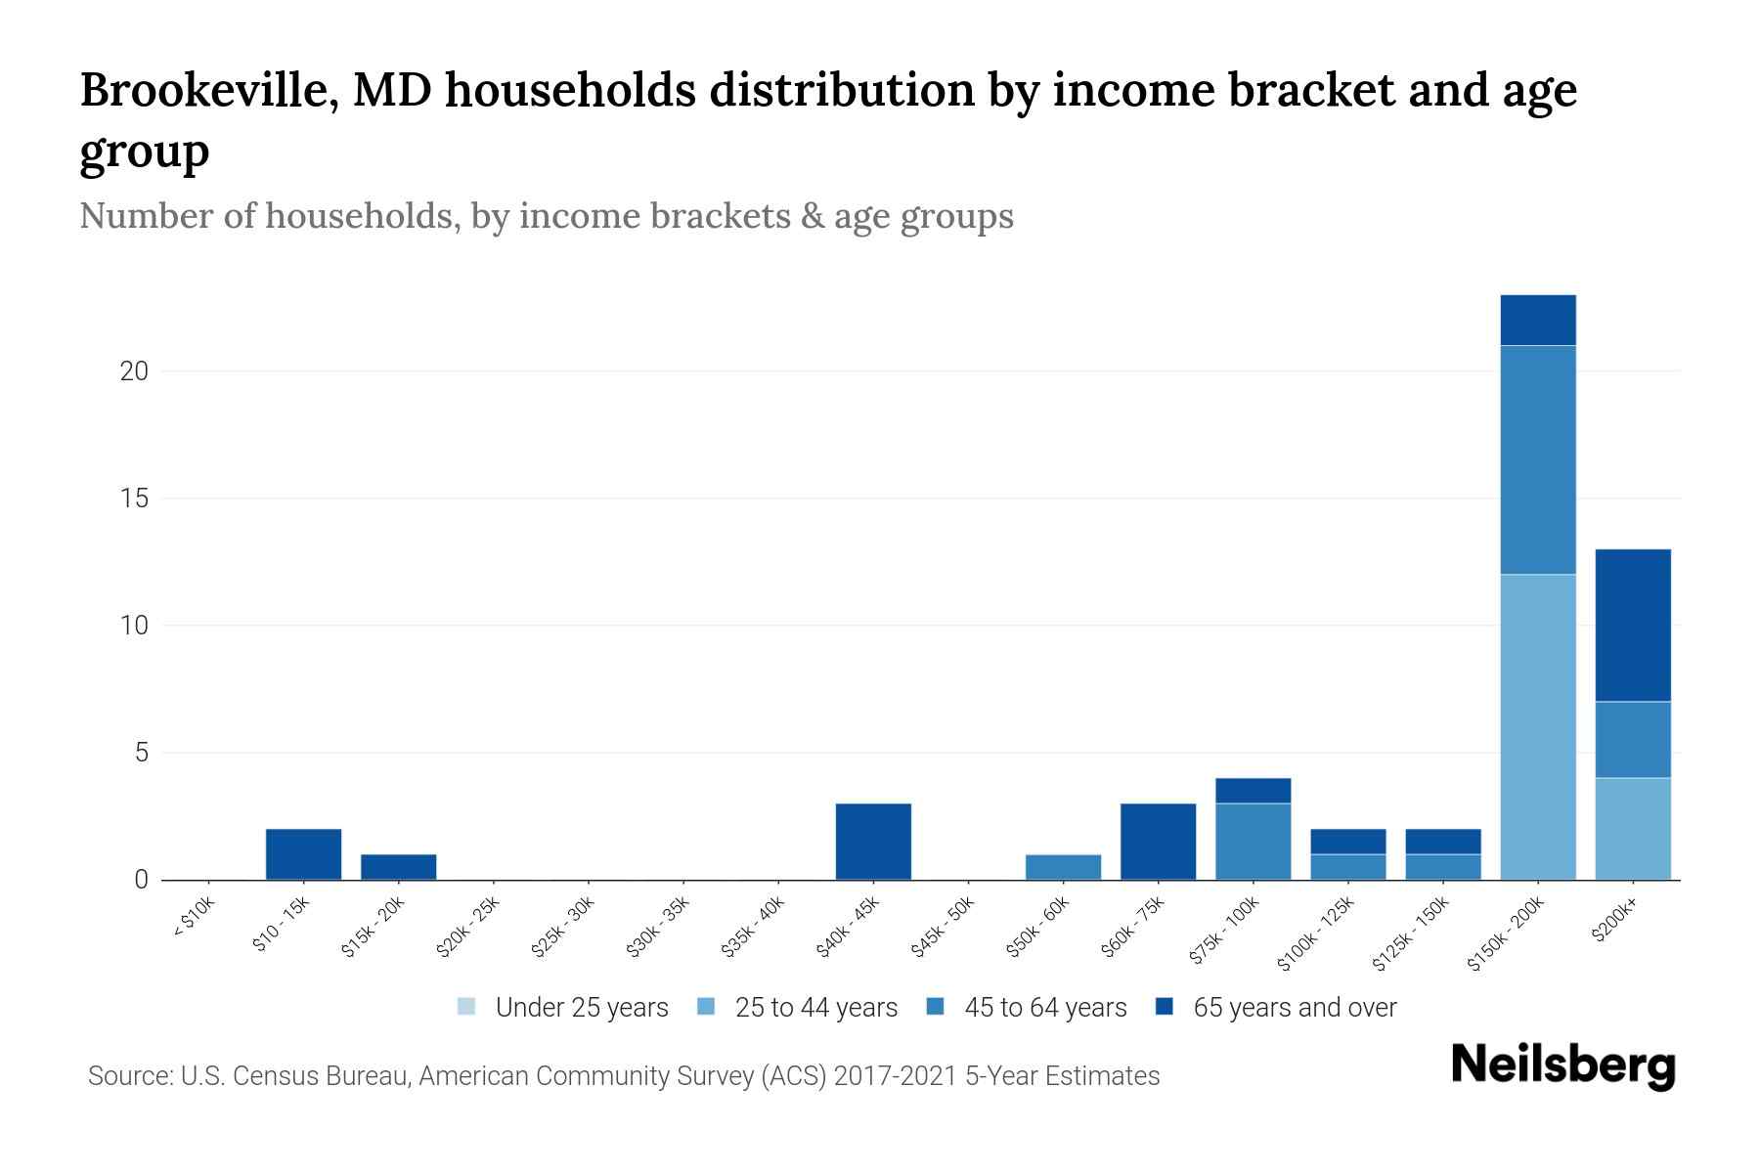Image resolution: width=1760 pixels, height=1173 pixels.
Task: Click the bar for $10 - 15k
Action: pos(303,854)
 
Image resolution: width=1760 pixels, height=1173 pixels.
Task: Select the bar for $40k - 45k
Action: pos(873,842)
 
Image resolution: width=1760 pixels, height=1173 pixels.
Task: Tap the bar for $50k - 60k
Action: pos(1063,867)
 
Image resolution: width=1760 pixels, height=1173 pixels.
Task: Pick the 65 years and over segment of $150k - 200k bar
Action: pos(1538,321)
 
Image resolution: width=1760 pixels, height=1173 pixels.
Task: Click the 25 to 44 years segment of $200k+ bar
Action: pos(1632,829)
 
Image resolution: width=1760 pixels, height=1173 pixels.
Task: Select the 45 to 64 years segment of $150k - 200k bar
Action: pos(1538,459)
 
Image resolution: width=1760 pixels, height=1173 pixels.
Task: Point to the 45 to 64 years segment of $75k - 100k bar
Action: pos(1253,842)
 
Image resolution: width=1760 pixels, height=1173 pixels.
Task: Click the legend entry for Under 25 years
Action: pos(581,1008)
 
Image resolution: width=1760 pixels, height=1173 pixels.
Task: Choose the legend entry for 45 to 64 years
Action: pos(1045,1008)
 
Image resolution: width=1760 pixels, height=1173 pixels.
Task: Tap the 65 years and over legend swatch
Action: pos(1164,1007)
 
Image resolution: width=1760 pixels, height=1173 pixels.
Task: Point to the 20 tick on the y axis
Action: pos(135,371)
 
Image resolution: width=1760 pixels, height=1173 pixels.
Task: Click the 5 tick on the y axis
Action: pos(142,753)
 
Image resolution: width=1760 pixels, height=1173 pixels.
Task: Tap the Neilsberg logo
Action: pos(1563,1065)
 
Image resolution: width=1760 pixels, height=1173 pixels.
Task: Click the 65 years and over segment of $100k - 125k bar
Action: pos(1347,842)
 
